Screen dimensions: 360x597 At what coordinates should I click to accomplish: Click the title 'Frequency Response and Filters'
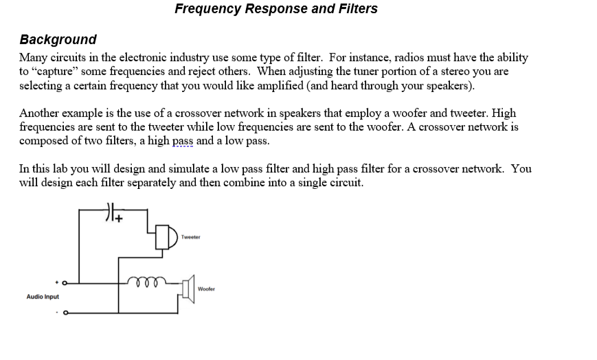[275, 9]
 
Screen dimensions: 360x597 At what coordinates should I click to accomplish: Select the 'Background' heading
[58, 40]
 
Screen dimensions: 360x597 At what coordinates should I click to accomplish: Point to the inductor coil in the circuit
[146, 281]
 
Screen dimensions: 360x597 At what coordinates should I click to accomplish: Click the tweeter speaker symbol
[166, 237]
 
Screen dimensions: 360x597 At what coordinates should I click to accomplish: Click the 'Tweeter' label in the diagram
[191, 237]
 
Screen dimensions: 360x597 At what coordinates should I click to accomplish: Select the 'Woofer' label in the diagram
[206, 289]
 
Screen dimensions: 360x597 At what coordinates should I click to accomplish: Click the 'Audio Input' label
[43, 297]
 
